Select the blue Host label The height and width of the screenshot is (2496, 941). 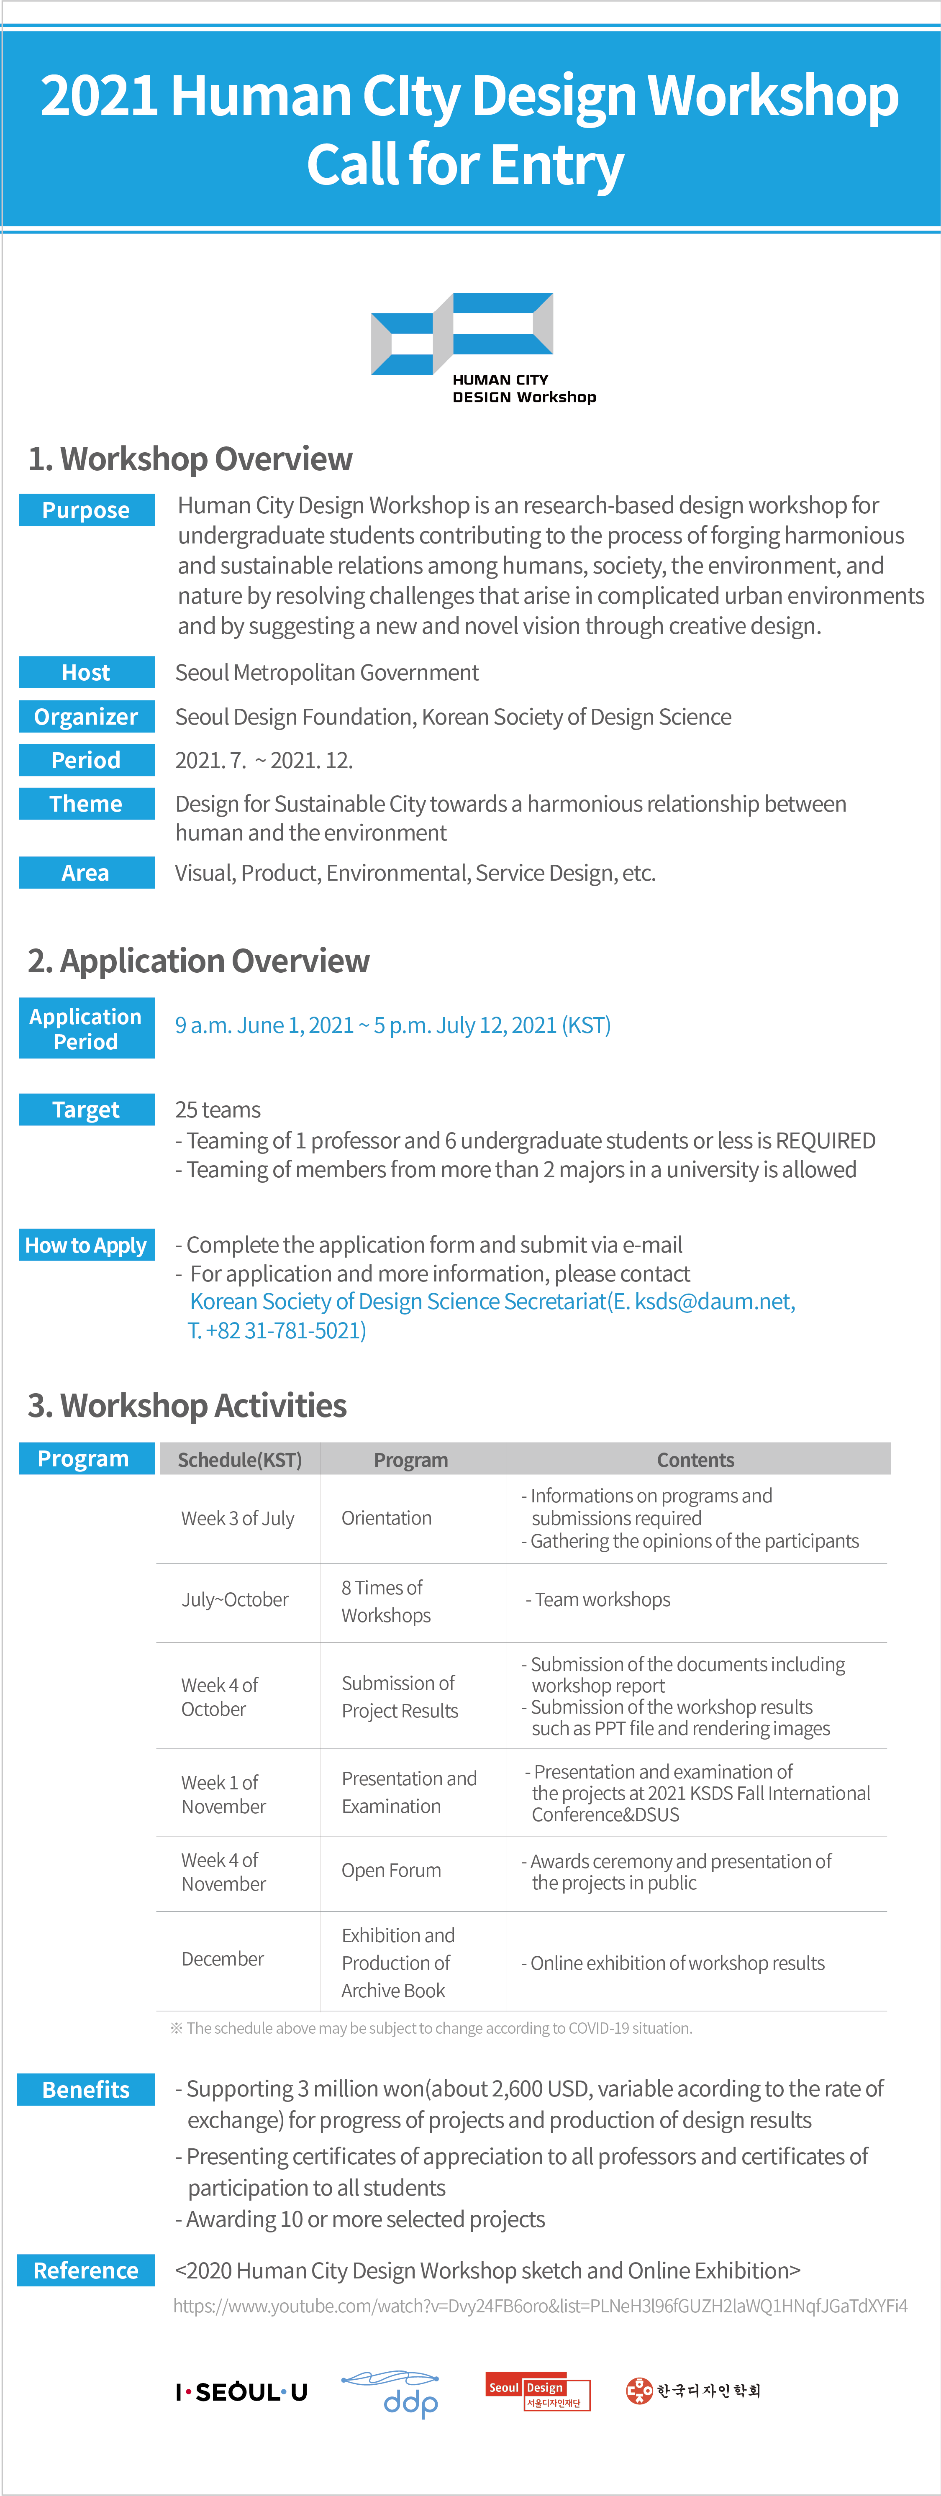click(86, 672)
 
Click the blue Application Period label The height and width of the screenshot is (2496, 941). click(86, 1028)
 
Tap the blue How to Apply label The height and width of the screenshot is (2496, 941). click(86, 1245)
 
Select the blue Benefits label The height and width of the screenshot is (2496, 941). click(86, 2090)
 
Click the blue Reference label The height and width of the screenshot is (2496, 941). click(86, 2270)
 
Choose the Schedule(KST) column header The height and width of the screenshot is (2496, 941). click(239, 1459)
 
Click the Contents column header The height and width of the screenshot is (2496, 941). click(696, 1459)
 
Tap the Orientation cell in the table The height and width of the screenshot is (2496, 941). click(387, 1518)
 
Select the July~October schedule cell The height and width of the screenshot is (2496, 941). click(236, 1600)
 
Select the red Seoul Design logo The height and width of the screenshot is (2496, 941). click(538, 2391)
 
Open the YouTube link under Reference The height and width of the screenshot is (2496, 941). click(540, 2306)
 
